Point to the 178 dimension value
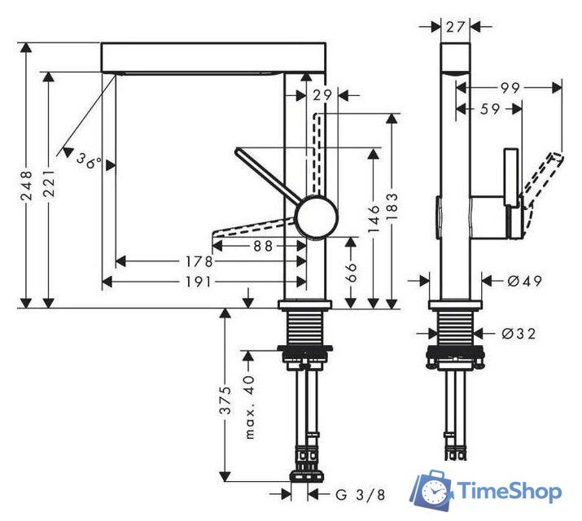point(199,261)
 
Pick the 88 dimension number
point(262,243)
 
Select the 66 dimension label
point(352,272)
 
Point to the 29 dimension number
point(322,95)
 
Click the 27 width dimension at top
point(455,26)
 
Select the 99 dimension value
point(510,87)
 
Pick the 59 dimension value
point(489,108)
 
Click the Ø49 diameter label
point(524,281)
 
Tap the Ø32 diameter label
point(519,333)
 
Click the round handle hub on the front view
point(316,217)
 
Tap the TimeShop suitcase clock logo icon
point(431,491)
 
